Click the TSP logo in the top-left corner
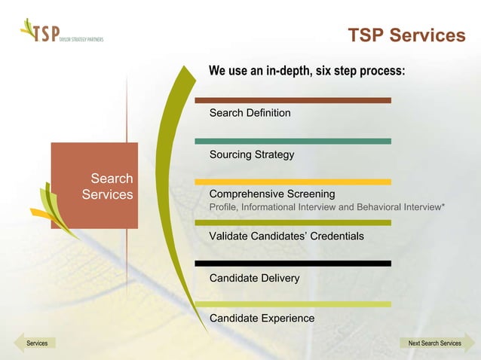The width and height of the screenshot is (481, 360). pos(61,35)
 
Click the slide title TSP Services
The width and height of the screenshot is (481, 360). pos(406,35)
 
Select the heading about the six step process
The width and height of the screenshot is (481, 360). pos(307,72)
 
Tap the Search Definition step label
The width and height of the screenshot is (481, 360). pos(250,113)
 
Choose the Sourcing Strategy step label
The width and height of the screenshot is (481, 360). pos(252,155)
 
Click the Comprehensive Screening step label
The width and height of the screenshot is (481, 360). pos(272,194)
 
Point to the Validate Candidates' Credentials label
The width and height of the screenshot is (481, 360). pos(286,236)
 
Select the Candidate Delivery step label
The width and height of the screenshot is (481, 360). pos(254,279)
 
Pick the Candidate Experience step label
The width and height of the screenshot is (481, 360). pos(262,319)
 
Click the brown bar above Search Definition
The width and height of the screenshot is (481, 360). pos(293,100)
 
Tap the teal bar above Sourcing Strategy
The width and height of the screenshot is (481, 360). pos(293,141)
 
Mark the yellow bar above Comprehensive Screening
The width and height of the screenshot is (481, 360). pos(293,182)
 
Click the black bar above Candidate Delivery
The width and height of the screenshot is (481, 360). pos(293,264)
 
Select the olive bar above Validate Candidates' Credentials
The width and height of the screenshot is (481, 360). pos(293,223)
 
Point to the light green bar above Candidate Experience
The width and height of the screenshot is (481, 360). pos(293,304)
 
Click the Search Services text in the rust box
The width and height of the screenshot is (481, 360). pos(107,187)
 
